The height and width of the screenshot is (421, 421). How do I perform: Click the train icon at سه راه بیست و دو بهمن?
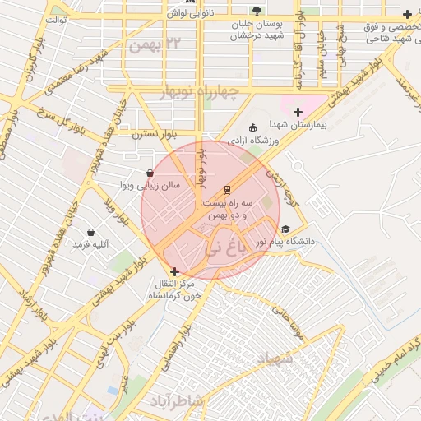click(x=228, y=188)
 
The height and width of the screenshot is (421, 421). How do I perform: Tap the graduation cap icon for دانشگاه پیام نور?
click(x=285, y=229)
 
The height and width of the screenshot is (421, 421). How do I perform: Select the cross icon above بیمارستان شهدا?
click(x=298, y=112)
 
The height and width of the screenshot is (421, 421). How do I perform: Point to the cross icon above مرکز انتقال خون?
click(x=174, y=271)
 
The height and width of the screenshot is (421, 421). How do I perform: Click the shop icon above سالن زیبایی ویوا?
click(x=149, y=173)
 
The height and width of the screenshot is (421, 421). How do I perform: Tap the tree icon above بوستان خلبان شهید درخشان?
click(x=257, y=12)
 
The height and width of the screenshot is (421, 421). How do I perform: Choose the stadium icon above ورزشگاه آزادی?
click(x=252, y=127)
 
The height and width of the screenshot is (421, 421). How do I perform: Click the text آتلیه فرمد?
click(x=90, y=244)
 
